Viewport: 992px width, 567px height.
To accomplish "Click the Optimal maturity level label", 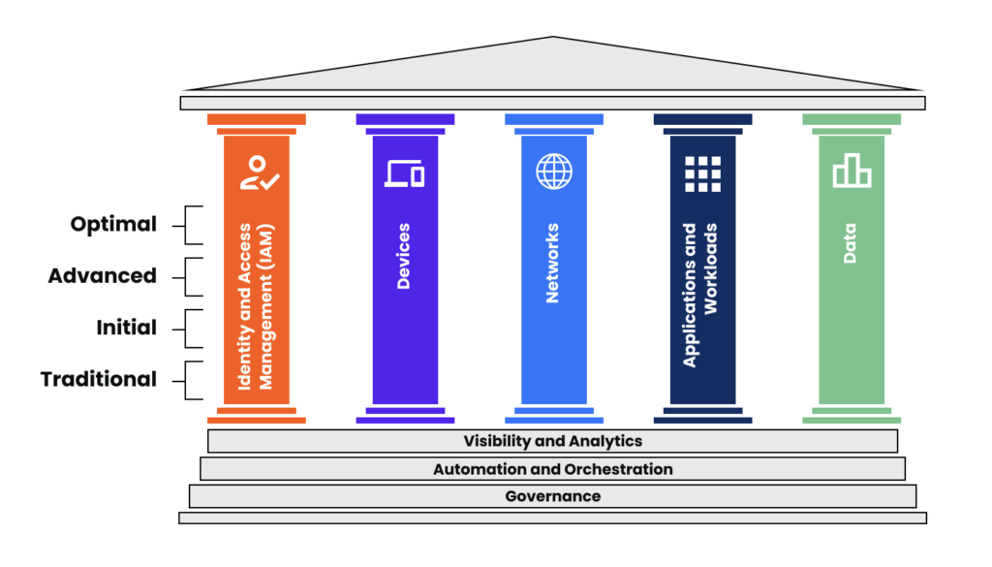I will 113,224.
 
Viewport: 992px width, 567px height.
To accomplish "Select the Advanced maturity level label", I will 103,276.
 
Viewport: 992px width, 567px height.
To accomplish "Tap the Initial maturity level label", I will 127,328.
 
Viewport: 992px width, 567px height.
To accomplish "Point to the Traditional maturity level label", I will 99,380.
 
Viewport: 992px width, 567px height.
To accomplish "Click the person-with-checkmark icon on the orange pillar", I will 260,172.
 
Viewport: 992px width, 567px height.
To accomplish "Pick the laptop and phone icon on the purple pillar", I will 405,173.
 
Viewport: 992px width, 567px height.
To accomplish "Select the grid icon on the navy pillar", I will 702,173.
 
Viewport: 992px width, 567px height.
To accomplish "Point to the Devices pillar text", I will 404,257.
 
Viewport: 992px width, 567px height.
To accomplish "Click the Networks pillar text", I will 553,264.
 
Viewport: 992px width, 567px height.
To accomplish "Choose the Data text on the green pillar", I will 850,244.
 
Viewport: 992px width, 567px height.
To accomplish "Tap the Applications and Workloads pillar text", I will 700,295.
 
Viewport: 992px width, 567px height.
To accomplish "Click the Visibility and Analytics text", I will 552,441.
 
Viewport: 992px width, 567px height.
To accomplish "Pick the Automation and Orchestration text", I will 552,469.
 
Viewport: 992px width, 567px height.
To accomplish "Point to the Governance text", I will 552,496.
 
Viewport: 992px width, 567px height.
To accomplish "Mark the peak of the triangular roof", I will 553,38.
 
